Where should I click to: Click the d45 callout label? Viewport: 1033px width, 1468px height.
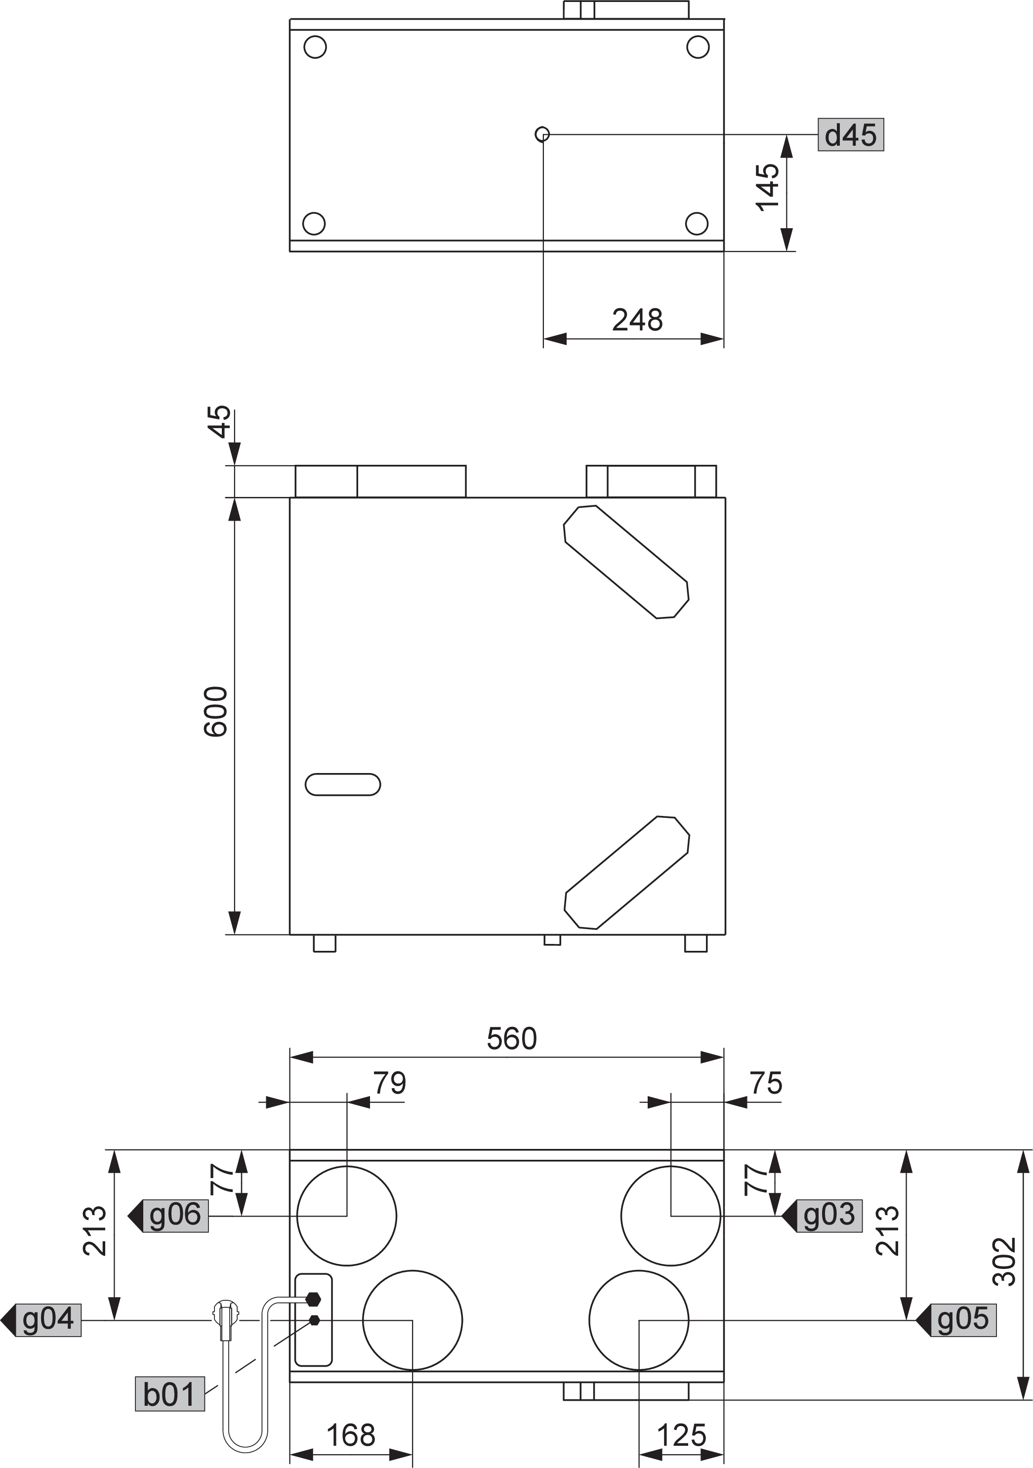pyautogui.click(x=851, y=135)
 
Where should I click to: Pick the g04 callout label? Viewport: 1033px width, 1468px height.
pyautogui.click(x=48, y=1320)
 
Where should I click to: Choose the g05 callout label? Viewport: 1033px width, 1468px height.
pyautogui.click(x=963, y=1320)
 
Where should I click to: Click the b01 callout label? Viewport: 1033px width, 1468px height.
pyautogui.click(x=169, y=1394)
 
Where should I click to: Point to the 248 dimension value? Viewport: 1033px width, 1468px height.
pyautogui.click(x=637, y=320)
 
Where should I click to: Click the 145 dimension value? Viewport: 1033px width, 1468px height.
pyautogui.click(x=768, y=187)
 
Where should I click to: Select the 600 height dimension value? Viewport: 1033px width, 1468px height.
pyautogui.click(x=215, y=712)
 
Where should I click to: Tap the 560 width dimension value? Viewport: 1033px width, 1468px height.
pyautogui.click(x=512, y=1039)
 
